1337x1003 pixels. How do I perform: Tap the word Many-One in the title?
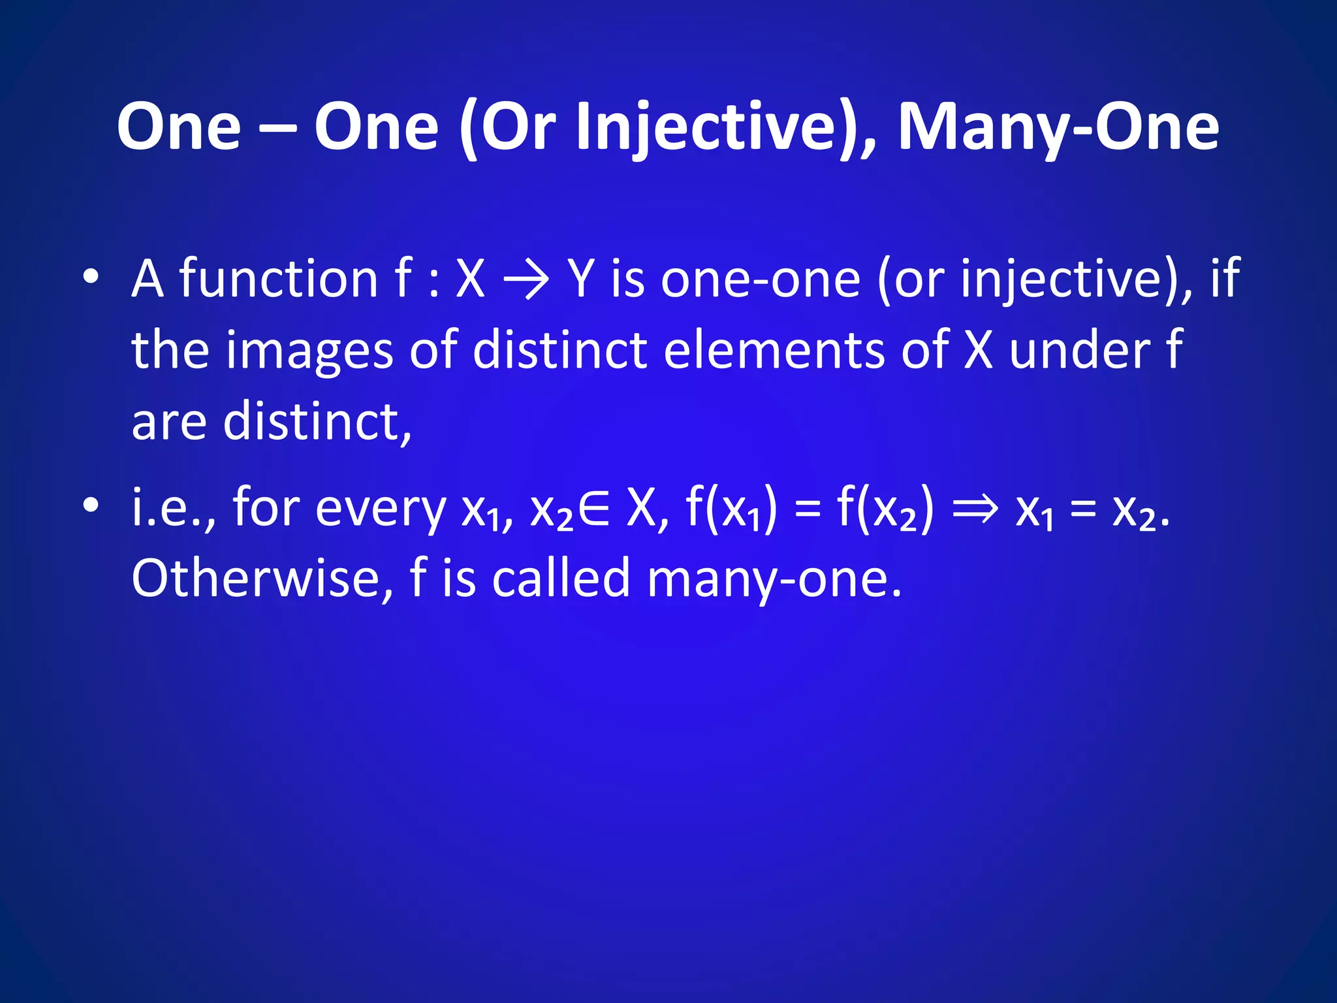pyautogui.click(x=1058, y=127)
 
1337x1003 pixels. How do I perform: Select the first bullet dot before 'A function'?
pyautogui.click(x=91, y=277)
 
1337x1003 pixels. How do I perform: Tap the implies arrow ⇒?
pyautogui.click(x=975, y=509)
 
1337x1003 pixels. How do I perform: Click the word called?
pyautogui.click(x=561, y=579)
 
